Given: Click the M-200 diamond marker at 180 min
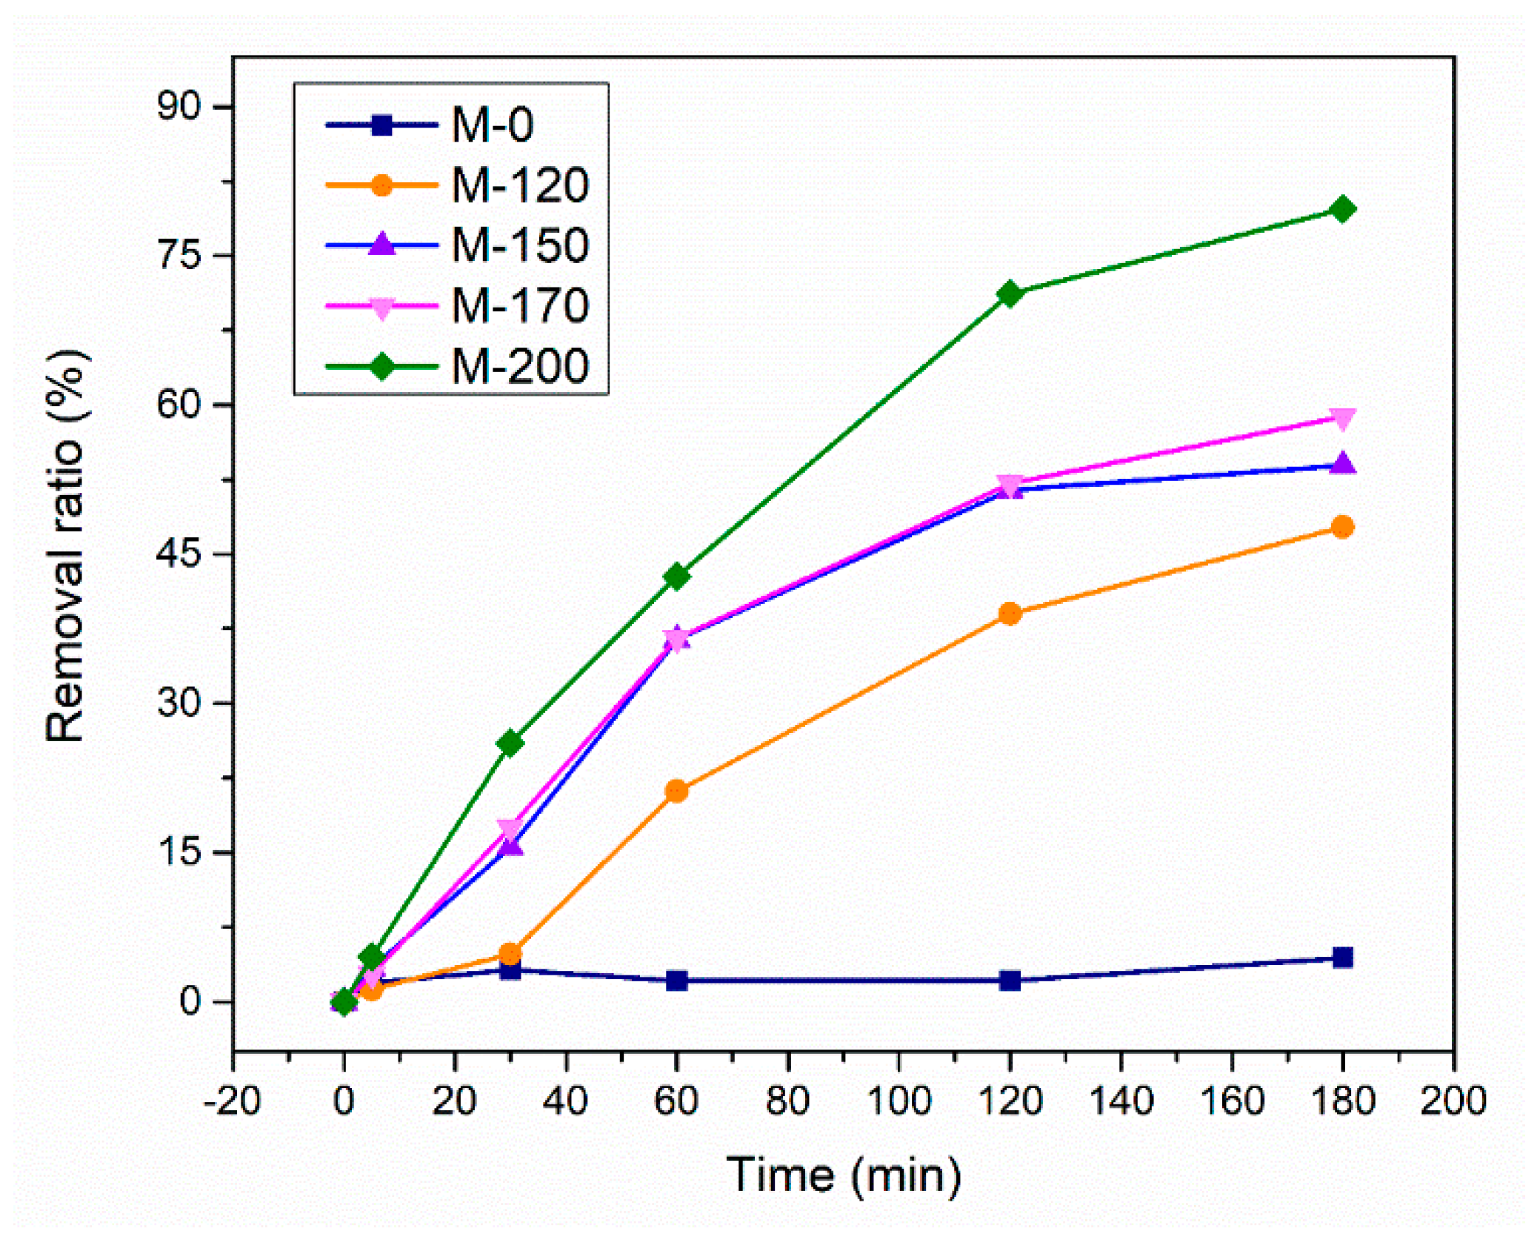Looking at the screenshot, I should pyautogui.click(x=1341, y=209).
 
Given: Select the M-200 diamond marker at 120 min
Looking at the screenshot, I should pyautogui.click(x=1009, y=294).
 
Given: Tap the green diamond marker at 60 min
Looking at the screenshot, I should pyautogui.click(x=676, y=575).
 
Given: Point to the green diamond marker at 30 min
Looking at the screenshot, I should pyautogui.click(x=510, y=743).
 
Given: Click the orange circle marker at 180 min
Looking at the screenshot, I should pyautogui.click(x=1341, y=527).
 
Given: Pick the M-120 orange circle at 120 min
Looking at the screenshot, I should pyautogui.click(x=1009, y=613).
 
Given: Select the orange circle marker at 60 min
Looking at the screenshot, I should pyautogui.click(x=676, y=791).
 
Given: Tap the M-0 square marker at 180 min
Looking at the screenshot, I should pyautogui.click(x=1341, y=957).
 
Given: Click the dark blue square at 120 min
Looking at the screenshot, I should pyautogui.click(x=1009, y=980).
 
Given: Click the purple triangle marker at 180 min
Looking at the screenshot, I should pyautogui.click(x=1341, y=465).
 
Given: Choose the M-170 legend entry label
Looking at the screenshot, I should pyautogui.click(x=520, y=305).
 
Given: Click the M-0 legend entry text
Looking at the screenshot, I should pyautogui.click(x=493, y=125).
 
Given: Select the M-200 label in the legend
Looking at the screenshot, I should pyautogui.click(x=520, y=366).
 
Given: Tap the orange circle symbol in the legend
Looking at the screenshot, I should pyautogui.click(x=381, y=185).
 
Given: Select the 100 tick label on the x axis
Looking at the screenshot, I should pyautogui.click(x=899, y=1101).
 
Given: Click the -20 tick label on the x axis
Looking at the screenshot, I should pyautogui.click(x=232, y=1101).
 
